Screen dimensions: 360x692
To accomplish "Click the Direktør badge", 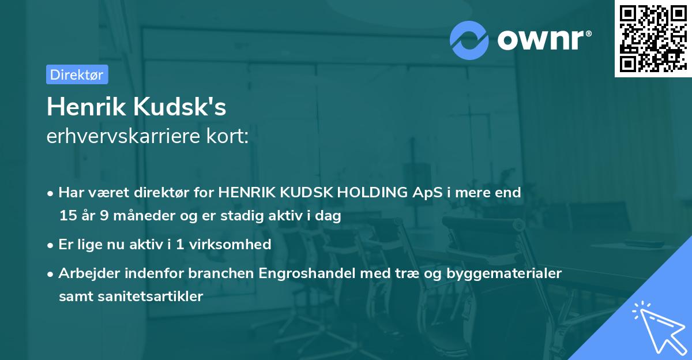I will [x=77, y=74].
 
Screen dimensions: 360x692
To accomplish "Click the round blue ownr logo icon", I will [x=469, y=40].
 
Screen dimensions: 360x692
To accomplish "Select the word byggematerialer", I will [x=501, y=273].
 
